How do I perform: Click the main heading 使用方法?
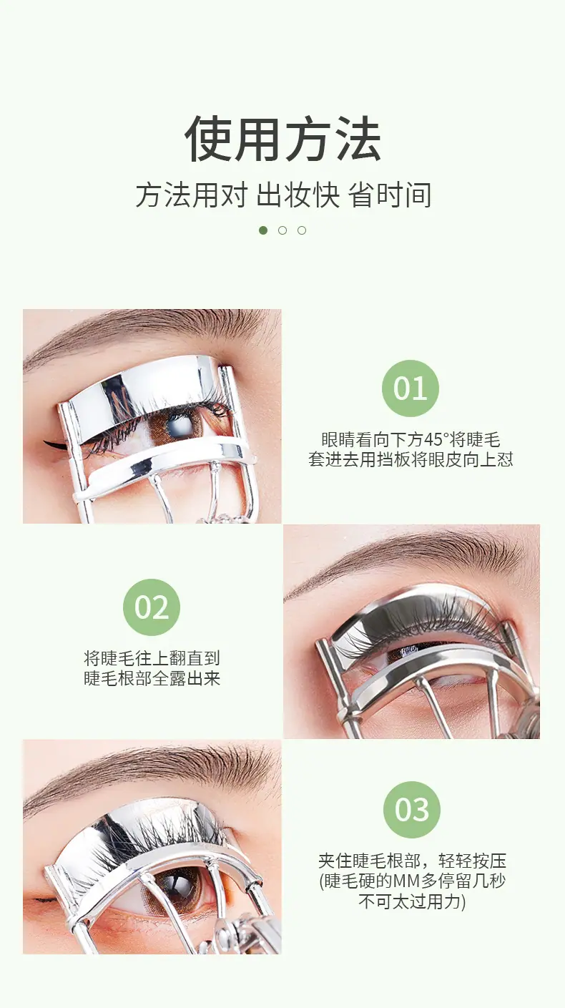click(x=283, y=138)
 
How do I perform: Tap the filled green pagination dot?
click(x=263, y=230)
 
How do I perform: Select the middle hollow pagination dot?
click(x=282, y=230)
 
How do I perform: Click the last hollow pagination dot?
click(x=302, y=230)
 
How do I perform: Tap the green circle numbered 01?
click(x=411, y=388)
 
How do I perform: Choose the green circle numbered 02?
click(x=152, y=607)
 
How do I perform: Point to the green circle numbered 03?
click(x=412, y=810)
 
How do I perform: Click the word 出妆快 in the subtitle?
click(x=298, y=195)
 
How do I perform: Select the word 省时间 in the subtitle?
click(x=390, y=195)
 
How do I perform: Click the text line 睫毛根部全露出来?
click(x=152, y=678)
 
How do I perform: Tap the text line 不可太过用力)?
click(x=412, y=902)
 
